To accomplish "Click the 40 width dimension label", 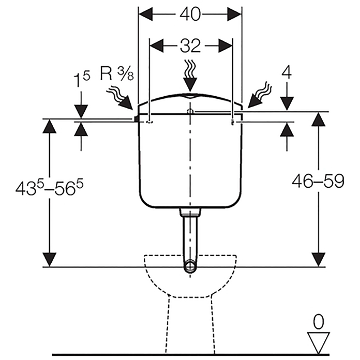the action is click(x=190, y=15).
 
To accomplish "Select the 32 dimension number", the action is click(x=190, y=46).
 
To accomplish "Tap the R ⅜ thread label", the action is click(x=116, y=73).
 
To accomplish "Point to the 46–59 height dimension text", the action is click(x=318, y=182).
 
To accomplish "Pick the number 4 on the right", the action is click(x=286, y=72).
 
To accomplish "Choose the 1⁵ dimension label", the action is click(x=82, y=79).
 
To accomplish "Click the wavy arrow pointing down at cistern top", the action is click(x=190, y=76).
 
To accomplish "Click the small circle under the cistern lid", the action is click(x=190, y=112).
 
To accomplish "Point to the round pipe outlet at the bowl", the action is click(x=190, y=266).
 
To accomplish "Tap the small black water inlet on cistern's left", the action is click(x=136, y=118).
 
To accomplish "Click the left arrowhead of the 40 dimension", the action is click(x=145, y=14).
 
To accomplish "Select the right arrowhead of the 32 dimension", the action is click(x=226, y=46).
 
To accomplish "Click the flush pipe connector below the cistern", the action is click(x=190, y=213).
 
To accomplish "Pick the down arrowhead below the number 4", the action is click(x=287, y=104).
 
